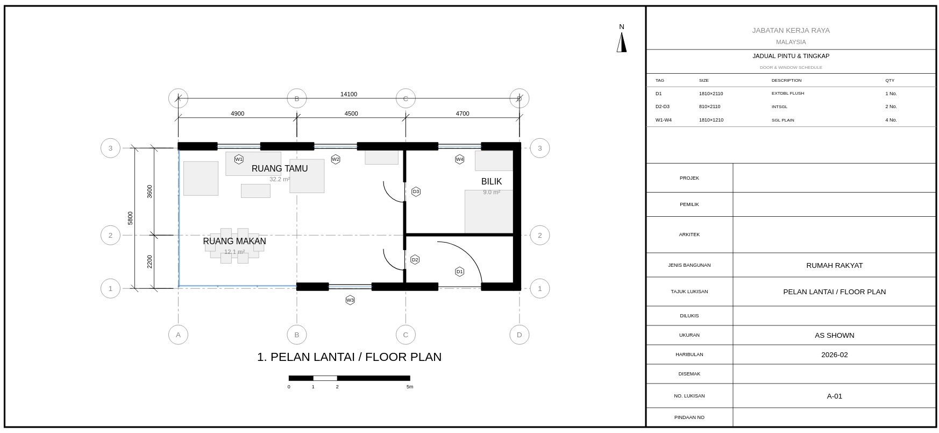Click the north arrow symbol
pyautogui.click(x=622, y=42)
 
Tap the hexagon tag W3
pyautogui.click(x=350, y=300)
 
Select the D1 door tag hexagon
pyautogui.click(x=459, y=272)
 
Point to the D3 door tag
pyautogui.click(x=416, y=191)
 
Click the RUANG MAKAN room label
pyautogui.click(x=234, y=242)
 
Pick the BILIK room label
pyautogui.click(x=492, y=182)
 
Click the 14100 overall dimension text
pyautogui.click(x=348, y=95)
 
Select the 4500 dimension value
pyautogui.click(x=351, y=114)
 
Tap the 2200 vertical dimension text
pyautogui.click(x=150, y=261)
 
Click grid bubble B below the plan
pyautogui.click(x=296, y=335)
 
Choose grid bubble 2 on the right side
pyautogui.click(x=539, y=235)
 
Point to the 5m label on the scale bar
pyautogui.click(x=410, y=387)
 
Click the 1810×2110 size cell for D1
pyautogui.click(x=710, y=94)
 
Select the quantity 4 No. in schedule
pyautogui.click(x=891, y=120)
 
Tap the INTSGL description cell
pyautogui.click(x=779, y=107)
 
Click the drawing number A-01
pyautogui.click(x=834, y=396)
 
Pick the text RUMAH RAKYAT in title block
pyautogui.click(x=834, y=266)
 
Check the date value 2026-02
pyautogui.click(x=834, y=355)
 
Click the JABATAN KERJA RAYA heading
pyautogui.click(x=791, y=31)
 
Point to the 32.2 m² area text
pyautogui.click(x=280, y=180)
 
